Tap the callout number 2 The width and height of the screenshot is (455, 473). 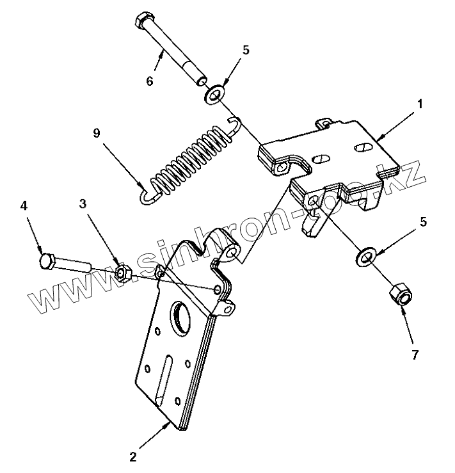132,457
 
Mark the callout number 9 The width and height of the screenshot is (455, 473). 97,134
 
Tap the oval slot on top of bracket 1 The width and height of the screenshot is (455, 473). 362,147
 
